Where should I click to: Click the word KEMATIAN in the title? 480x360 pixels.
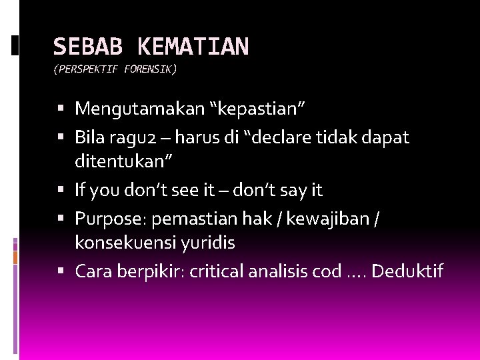click(x=193, y=46)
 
